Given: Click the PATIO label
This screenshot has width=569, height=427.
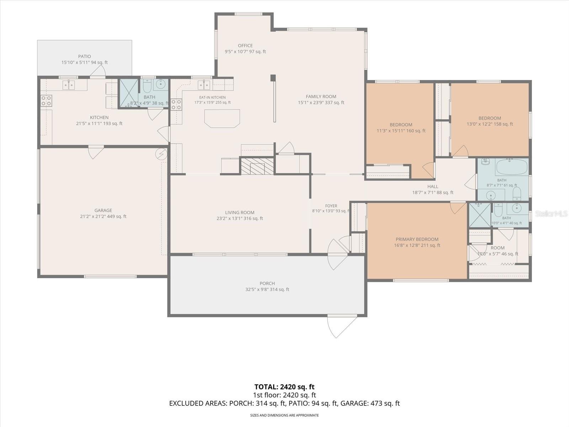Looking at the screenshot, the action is tap(85, 57).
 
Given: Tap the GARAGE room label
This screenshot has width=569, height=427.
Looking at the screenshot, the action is tap(103, 210).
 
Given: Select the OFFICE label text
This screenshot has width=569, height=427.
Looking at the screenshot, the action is tap(245, 46).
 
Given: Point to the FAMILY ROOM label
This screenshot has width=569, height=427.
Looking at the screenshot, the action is tap(321, 96).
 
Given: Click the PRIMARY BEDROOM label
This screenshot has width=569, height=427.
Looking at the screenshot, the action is tap(417, 239).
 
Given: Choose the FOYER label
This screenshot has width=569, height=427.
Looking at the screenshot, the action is tap(331, 206).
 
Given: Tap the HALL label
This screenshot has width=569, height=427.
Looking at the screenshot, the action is tap(433, 186).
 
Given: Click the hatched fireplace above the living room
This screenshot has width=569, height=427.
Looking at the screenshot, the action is tap(257, 166).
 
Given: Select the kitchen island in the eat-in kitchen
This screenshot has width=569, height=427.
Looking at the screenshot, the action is tap(222, 118).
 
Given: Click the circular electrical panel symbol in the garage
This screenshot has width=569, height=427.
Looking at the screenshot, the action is tap(161, 154).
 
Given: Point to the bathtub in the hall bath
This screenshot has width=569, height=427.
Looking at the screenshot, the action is tap(511, 167).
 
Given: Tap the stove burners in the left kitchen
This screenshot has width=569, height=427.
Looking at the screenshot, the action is tap(46, 101).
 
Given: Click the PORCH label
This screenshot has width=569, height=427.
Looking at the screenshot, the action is tap(267, 283).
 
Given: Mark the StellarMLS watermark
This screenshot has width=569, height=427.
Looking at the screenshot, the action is tap(551, 213).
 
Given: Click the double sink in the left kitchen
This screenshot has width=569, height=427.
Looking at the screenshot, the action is tap(69, 85).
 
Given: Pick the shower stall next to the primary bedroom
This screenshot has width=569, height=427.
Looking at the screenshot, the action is tap(480, 215).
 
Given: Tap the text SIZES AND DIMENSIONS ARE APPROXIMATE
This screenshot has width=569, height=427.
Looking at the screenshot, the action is tap(284, 415).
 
